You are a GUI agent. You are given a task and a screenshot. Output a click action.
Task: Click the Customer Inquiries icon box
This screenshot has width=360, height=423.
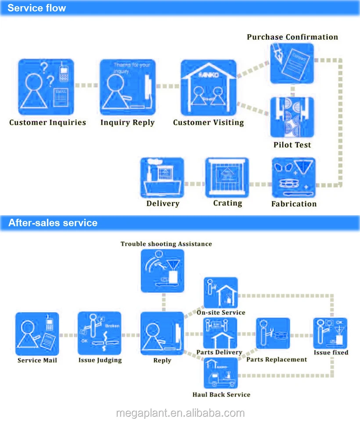point(46,87)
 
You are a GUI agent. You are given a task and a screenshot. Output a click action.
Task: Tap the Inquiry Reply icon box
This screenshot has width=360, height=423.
point(127,87)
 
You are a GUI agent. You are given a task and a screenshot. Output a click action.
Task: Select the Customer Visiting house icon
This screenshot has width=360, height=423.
point(209,88)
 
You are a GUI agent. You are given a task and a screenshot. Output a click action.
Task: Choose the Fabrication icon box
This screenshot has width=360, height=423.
point(293,177)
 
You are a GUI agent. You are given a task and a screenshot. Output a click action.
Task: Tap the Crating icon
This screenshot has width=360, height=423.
point(227,177)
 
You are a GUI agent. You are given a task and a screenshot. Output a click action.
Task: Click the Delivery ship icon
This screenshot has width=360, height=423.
point(162,177)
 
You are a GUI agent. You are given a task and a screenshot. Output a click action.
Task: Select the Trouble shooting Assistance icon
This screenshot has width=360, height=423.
point(162,271)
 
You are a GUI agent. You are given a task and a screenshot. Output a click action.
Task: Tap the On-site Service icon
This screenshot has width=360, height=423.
point(221,293)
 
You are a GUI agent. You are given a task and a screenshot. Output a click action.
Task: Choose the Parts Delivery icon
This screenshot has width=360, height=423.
point(220,333)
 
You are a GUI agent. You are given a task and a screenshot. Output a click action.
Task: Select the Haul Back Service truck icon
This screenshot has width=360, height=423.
point(221,373)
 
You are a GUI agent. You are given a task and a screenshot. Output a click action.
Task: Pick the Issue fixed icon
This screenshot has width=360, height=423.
point(330,333)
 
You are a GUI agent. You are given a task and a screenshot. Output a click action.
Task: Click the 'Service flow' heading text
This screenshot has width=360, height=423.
point(37,8)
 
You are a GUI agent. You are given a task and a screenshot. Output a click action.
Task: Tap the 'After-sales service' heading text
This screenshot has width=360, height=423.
point(53,223)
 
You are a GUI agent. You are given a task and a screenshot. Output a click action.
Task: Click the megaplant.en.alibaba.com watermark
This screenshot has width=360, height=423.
point(180,413)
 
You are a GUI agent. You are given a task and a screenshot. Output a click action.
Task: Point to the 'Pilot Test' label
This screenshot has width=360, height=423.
point(292,145)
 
